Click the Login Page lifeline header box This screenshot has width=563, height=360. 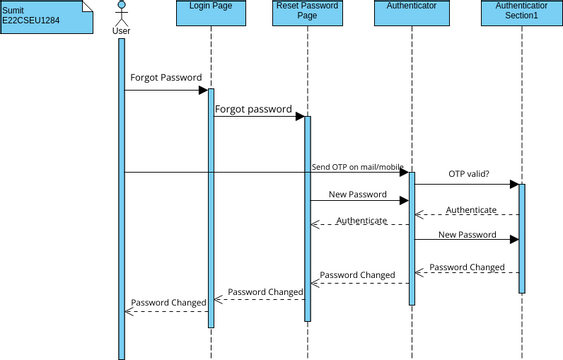[211, 13]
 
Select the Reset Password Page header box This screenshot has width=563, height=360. [308, 13]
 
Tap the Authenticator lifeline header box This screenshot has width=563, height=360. [411, 13]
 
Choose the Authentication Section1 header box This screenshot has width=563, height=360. [521, 13]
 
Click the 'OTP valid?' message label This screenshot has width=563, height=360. [469, 173]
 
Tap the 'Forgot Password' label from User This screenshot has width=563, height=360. [166, 77]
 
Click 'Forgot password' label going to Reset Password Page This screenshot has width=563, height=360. [254, 109]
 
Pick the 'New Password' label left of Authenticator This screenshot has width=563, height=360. [357, 193]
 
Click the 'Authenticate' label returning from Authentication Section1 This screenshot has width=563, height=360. [471, 209]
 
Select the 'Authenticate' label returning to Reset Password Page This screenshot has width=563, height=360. [361, 220]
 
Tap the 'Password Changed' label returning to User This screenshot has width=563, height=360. [168, 301]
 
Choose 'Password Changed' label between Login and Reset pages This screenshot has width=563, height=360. [265, 292]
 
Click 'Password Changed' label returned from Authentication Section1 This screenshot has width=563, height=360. [467, 268]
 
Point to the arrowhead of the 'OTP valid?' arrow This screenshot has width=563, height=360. [514, 184]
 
